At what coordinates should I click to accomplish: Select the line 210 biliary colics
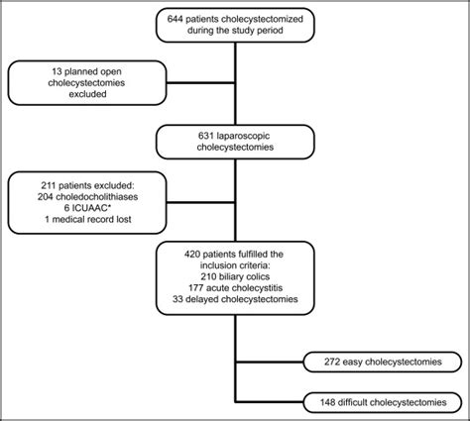235,281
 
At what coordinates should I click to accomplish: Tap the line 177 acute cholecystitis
235,293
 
